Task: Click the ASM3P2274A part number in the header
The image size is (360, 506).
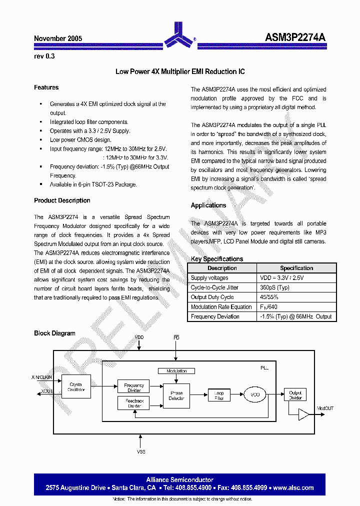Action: point(295,38)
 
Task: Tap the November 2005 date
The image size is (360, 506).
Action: point(58,38)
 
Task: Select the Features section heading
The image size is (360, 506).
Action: point(46,87)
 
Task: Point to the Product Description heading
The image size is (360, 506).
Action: point(62,200)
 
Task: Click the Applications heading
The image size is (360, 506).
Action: point(208,205)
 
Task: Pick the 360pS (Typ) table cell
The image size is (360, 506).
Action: point(274,287)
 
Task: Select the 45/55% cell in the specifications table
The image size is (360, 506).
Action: point(269,297)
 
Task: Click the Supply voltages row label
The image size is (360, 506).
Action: point(209,278)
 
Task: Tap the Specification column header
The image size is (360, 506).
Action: point(296,268)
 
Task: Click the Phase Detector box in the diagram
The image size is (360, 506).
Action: point(176,395)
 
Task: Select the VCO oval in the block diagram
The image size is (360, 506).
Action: point(255,395)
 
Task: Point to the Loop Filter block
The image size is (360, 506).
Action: point(219,395)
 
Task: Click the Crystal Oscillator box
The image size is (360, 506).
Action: point(76,386)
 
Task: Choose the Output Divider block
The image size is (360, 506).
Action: point(295,395)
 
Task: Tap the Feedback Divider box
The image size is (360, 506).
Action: point(134,403)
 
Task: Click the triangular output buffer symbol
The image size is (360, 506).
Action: point(303,414)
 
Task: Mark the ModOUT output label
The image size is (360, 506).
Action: point(325,408)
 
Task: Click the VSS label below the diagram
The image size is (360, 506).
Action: point(140,451)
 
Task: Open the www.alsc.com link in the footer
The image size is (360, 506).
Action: point(294,487)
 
